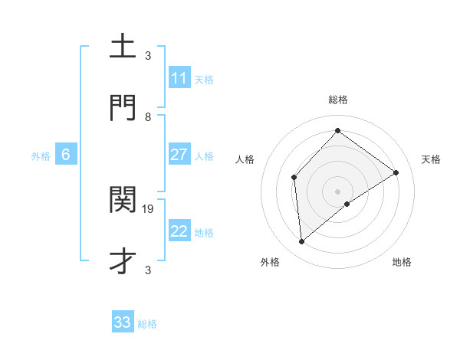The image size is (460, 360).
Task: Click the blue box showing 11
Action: (179, 78)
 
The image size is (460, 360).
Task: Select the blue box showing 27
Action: (179, 155)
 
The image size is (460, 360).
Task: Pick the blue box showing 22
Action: (179, 231)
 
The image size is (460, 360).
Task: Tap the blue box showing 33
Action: (123, 322)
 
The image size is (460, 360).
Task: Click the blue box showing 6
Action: (66, 155)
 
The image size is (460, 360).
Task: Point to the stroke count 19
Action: (148, 208)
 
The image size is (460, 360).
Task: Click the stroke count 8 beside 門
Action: (148, 116)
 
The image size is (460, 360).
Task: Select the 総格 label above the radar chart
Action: (337, 100)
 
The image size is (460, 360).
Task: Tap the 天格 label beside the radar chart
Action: (431, 159)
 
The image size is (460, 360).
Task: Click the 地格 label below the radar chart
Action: (402, 262)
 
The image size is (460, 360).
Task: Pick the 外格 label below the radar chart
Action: (270, 262)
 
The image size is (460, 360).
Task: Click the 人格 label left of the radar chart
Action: (245, 159)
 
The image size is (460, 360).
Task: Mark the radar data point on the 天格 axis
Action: (396, 172)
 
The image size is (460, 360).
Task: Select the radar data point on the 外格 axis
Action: (302, 242)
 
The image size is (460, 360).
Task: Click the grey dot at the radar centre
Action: (337, 191)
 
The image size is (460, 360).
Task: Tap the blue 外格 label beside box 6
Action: (41, 155)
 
